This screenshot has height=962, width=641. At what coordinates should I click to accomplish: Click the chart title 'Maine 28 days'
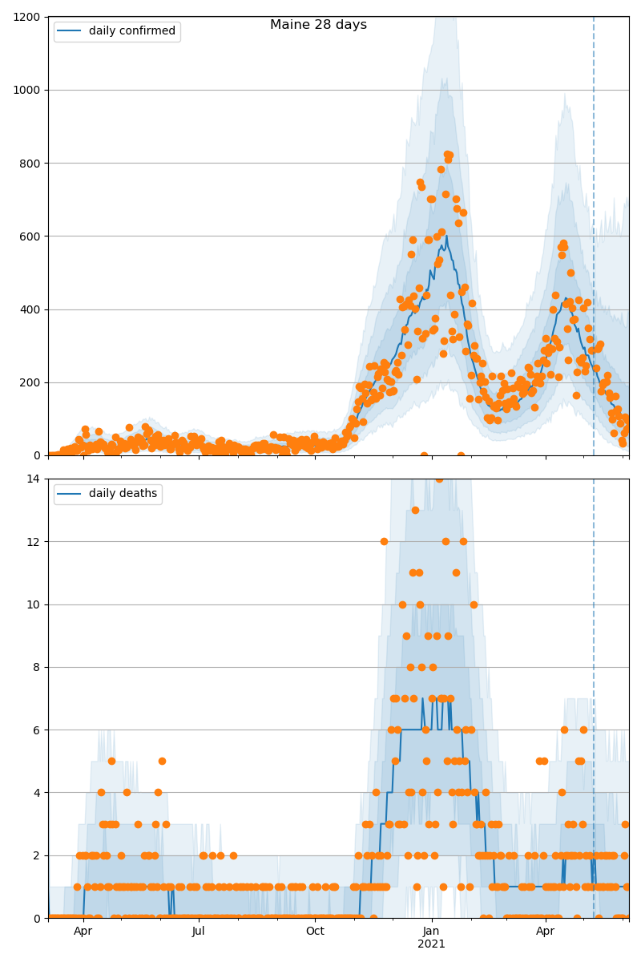point(318,25)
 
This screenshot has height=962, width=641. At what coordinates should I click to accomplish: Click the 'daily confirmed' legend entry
point(131,31)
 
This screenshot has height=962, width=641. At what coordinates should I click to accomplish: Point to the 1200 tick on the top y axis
point(28,17)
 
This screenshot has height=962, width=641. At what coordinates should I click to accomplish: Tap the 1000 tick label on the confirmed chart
point(28,90)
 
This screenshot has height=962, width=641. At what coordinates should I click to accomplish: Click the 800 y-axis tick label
point(31,163)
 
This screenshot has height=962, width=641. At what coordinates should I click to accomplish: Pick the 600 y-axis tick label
point(31,236)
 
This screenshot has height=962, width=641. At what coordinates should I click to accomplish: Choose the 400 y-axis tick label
point(31,309)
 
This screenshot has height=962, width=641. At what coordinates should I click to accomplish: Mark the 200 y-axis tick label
point(31,382)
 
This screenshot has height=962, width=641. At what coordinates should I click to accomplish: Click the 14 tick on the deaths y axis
point(34,479)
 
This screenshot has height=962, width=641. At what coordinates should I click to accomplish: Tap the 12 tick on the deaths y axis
point(34,541)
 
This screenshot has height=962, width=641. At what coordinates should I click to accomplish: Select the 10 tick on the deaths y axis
point(34,604)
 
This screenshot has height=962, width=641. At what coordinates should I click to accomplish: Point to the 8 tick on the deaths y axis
point(37,667)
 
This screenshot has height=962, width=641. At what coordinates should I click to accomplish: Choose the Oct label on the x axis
point(315,931)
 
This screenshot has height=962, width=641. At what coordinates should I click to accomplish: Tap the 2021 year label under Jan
point(432,944)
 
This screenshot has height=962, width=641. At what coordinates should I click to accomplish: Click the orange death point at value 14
point(439,479)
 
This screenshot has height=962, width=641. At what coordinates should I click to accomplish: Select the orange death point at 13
point(415,510)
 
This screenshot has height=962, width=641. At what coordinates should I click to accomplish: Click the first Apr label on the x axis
point(83,931)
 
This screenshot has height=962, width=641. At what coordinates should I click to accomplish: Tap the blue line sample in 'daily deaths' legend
point(69,494)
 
